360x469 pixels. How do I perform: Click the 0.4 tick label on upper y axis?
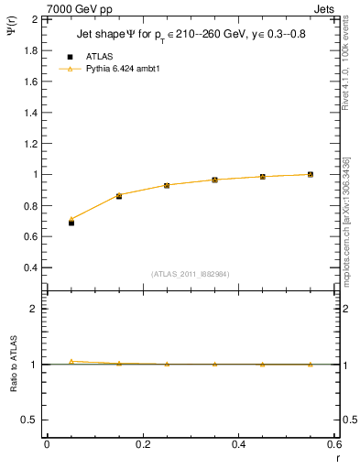[31, 267]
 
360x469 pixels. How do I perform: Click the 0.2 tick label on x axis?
[143, 444]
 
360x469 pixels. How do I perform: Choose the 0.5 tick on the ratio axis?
[31, 420]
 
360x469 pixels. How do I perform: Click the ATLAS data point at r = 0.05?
[71, 223]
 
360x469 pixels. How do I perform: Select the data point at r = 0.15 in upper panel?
[119, 196]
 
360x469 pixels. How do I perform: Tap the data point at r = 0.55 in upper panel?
[311, 174]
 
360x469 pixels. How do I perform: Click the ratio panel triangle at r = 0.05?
[71, 361]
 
